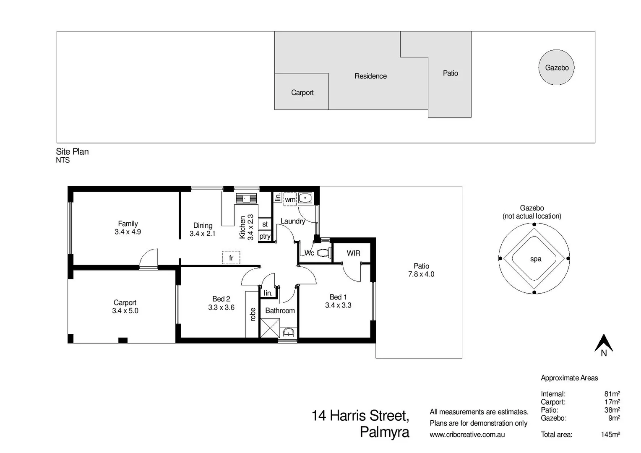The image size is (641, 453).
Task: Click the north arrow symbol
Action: click(604, 343)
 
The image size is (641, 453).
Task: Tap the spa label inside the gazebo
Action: click(535, 259)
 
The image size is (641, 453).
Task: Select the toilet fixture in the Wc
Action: click(323, 253)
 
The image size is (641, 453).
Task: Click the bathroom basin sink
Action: click(288, 333)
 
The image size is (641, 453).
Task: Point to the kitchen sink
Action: click(246, 198)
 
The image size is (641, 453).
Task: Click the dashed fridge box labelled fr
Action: click(231, 258)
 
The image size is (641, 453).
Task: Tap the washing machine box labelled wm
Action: click(290, 199)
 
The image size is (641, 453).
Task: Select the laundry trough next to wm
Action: click(305, 198)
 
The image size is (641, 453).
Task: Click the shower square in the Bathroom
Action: click(270, 328)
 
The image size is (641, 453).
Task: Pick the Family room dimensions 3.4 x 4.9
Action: click(128, 232)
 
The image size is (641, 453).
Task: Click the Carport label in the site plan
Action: click(302, 93)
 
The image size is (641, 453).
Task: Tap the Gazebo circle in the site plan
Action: click(556, 68)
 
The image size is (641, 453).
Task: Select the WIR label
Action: click(353, 253)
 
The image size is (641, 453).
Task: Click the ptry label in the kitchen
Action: click(265, 237)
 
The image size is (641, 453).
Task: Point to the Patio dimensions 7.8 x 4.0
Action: click(421, 274)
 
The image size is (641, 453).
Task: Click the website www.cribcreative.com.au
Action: click(467, 435)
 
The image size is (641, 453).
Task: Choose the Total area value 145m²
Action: click(610, 435)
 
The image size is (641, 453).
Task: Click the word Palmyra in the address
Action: click(384, 432)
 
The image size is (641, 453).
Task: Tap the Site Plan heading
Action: click(73, 152)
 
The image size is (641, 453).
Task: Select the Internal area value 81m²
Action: click(612, 394)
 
